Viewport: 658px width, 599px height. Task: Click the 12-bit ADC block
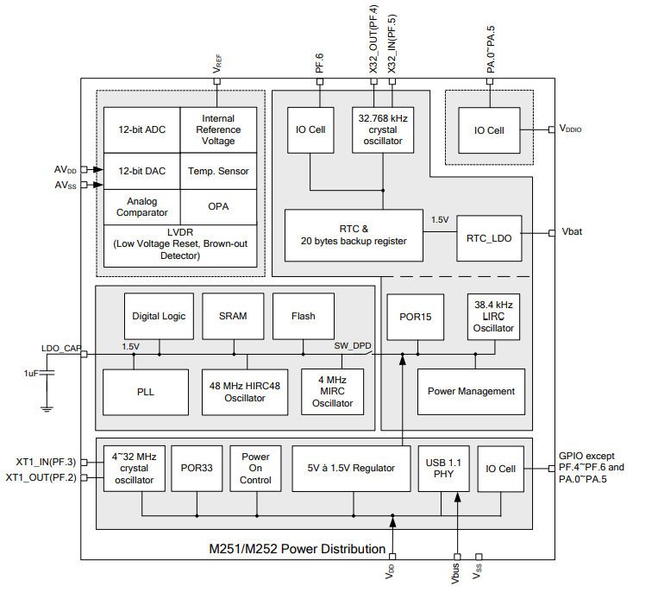click(141, 129)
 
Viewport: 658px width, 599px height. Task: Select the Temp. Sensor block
click(218, 171)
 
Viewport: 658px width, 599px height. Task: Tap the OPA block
click(218, 207)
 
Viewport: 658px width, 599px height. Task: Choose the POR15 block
click(416, 317)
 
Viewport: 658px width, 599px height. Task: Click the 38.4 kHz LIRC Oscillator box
click(493, 317)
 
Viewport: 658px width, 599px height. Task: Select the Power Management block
click(471, 391)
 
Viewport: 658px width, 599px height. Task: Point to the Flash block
click(303, 316)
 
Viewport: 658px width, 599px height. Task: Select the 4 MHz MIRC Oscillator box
click(332, 391)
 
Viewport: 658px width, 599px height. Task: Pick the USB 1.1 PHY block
click(442, 469)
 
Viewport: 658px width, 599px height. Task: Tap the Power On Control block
click(255, 469)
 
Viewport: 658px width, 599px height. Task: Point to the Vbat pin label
click(573, 233)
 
